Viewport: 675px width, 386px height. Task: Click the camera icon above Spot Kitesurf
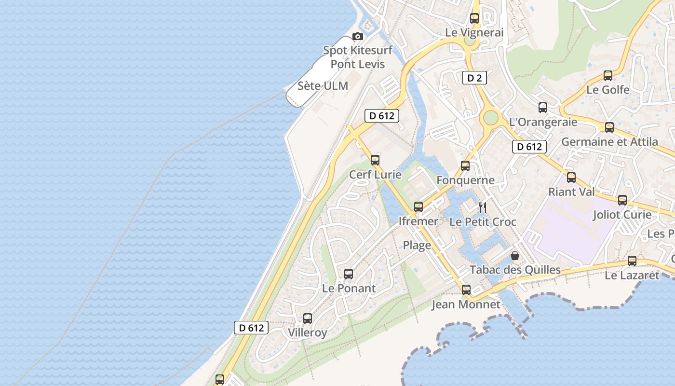pyautogui.click(x=357, y=36)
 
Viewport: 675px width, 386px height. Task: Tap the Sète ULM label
pyautogui.click(x=323, y=86)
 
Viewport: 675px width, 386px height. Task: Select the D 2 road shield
pyautogui.click(x=474, y=78)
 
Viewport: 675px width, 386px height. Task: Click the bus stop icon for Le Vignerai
pyautogui.click(x=474, y=18)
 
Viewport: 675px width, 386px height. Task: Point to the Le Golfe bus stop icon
pyautogui.click(x=608, y=76)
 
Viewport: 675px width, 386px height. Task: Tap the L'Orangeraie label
pyautogui.click(x=543, y=122)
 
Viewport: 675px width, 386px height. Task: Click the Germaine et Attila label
pyautogui.click(x=609, y=142)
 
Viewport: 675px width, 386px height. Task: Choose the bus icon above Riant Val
pyautogui.click(x=571, y=178)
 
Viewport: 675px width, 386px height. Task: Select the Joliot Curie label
pyautogui.click(x=622, y=214)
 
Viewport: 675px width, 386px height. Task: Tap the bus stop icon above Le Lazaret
pyautogui.click(x=632, y=261)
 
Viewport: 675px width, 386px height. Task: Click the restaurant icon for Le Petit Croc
pyautogui.click(x=483, y=208)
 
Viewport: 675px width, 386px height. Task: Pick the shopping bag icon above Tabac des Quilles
pyautogui.click(x=515, y=255)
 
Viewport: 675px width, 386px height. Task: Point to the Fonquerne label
pyautogui.click(x=465, y=180)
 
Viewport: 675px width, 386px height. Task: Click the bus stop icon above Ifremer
pyautogui.click(x=418, y=207)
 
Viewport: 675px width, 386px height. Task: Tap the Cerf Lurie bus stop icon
pyautogui.click(x=375, y=160)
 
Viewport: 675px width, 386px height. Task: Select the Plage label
pyautogui.click(x=417, y=245)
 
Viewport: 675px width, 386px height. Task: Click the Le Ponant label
pyautogui.click(x=349, y=289)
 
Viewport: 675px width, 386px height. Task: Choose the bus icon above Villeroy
pyautogui.click(x=308, y=318)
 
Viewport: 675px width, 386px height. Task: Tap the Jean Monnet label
pyautogui.click(x=466, y=304)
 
